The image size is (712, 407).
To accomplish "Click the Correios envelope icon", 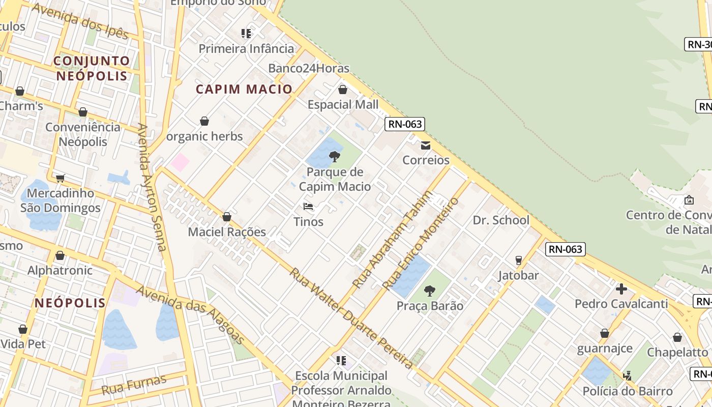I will (x=426, y=146).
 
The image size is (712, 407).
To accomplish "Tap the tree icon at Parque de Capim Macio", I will (x=335, y=156).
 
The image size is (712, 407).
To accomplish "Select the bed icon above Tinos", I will (x=308, y=207).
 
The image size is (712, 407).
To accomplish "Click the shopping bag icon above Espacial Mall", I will (x=343, y=90).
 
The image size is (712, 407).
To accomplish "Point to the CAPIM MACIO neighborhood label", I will (x=244, y=89).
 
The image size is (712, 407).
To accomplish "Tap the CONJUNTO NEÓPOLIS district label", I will (x=92, y=68).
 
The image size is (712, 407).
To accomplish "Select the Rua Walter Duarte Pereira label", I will (x=351, y=318).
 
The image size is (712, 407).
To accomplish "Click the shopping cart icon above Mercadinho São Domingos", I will (x=61, y=178).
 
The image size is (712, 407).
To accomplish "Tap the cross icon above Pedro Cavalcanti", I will (x=621, y=289).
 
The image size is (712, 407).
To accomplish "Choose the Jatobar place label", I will (x=518, y=275).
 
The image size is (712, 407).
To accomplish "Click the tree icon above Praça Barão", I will (x=430, y=291).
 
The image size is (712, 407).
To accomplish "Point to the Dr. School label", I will (x=501, y=220).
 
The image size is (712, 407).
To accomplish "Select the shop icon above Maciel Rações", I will (x=227, y=217).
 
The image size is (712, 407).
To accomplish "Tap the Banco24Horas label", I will (x=309, y=68).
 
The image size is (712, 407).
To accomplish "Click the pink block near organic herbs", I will (x=180, y=163).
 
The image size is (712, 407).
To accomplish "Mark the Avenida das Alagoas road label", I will (x=191, y=314).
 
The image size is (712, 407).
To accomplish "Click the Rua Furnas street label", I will (x=134, y=385).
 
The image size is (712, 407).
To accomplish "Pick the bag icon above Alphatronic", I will (x=60, y=255).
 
